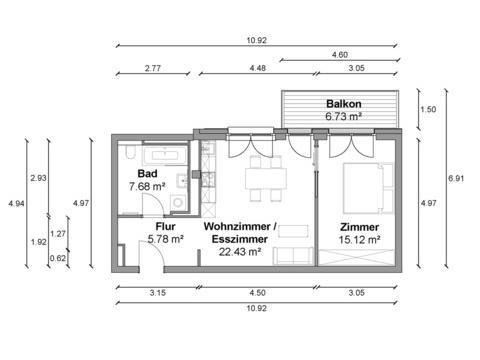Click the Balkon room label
click(344, 104)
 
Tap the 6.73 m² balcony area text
click(344, 116)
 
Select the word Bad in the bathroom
click(147, 173)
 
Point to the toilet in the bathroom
click(131, 152)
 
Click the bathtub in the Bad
click(166, 155)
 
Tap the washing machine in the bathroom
click(178, 203)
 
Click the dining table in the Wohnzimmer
click(266, 179)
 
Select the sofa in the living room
click(293, 256)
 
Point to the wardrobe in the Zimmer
click(356, 257)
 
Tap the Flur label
click(165, 227)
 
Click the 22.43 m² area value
click(240, 252)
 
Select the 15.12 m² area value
click(359, 240)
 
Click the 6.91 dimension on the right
click(456, 178)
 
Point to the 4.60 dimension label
click(340, 55)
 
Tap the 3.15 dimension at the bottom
click(157, 293)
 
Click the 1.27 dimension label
click(58, 234)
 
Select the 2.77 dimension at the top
click(153, 68)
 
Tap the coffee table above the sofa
click(293, 231)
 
